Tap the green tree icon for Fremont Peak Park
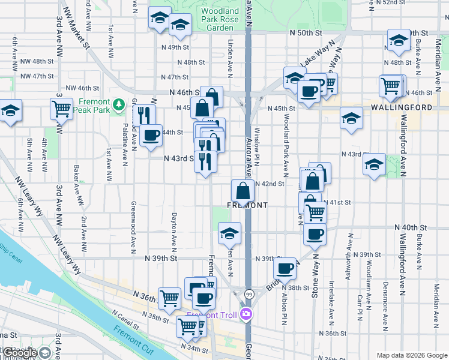tap(118, 104)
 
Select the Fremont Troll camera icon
tap(246, 314)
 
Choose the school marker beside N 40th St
tap(229, 234)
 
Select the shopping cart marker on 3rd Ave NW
tap(62, 110)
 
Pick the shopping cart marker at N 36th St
tap(170, 297)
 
